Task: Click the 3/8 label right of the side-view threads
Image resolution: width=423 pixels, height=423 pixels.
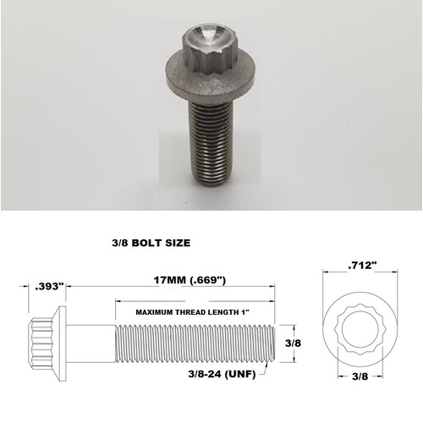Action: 293,343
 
